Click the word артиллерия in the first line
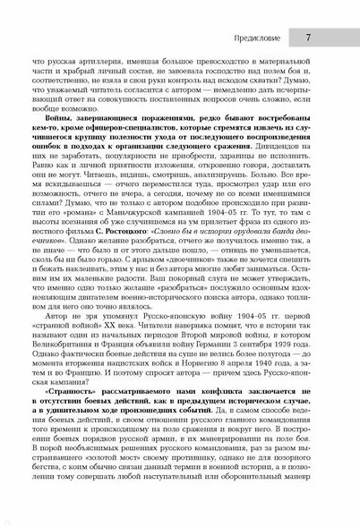(x=99, y=62)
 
